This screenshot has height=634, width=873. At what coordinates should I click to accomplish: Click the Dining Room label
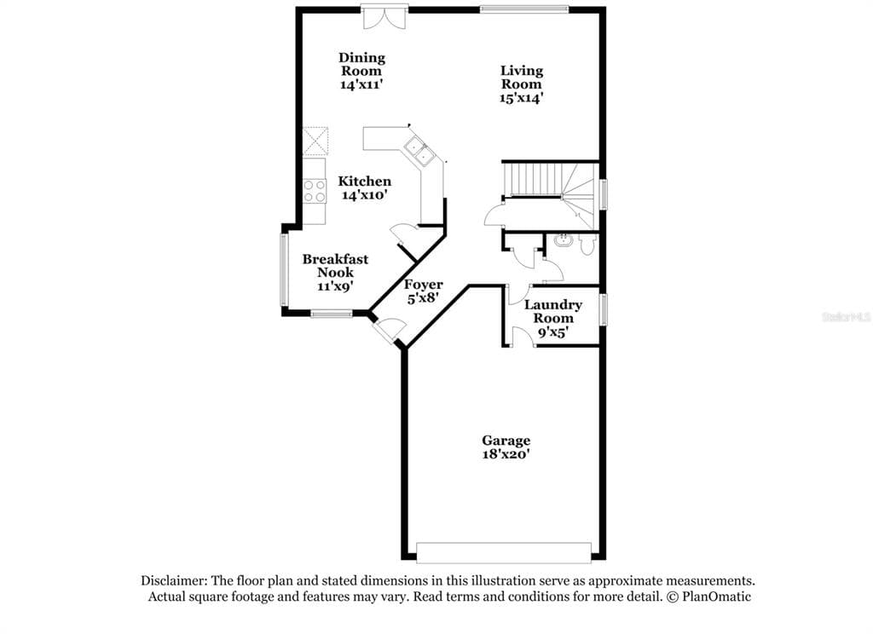[x=361, y=64]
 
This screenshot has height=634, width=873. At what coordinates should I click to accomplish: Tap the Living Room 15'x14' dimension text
[x=521, y=98]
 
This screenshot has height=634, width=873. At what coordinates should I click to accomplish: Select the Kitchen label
[x=365, y=182]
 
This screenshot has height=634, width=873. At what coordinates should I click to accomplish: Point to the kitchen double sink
[x=419, y=151]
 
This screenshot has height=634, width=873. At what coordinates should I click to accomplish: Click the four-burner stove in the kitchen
[x=314, y=191]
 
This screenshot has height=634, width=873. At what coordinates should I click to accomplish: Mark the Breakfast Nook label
[x=335, y=266]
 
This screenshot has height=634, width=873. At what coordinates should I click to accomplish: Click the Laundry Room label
[x=552, y=311]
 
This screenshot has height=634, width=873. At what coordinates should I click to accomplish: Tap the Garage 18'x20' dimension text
[x=506, y=454]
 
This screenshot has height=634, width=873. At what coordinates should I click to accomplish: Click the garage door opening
[x=504, y=552]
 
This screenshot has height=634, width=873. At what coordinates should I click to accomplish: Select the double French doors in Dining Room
[x=384, y=17]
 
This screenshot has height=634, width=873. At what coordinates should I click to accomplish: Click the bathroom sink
[x=564, y=240]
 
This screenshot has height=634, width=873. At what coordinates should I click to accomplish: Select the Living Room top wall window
[x=524, y=9]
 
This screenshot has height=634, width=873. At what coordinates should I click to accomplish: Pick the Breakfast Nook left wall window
[x=283, y=269]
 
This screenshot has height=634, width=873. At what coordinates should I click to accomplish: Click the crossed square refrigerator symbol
[x=315, y=141]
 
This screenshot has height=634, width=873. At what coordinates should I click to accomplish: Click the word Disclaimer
[x=174, y=580]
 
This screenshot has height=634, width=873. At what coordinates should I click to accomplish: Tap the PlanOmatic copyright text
[x=708, y=597]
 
